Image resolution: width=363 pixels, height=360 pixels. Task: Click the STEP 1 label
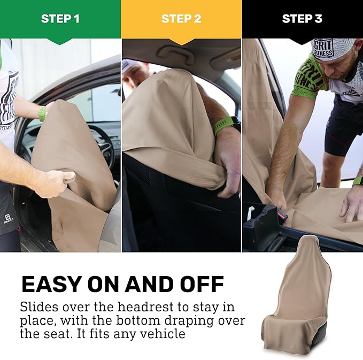click(x=60, y=19)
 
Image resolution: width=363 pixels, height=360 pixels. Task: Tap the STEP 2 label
click(x=181, y=19)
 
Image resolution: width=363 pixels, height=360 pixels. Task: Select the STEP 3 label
click(x=302, y=19)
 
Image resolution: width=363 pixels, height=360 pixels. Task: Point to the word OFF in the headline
click(x=202, y=284)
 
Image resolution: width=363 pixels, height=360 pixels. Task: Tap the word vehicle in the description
click(x=160, y=334)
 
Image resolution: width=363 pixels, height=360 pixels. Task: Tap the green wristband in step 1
click(x=42, y=113)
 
